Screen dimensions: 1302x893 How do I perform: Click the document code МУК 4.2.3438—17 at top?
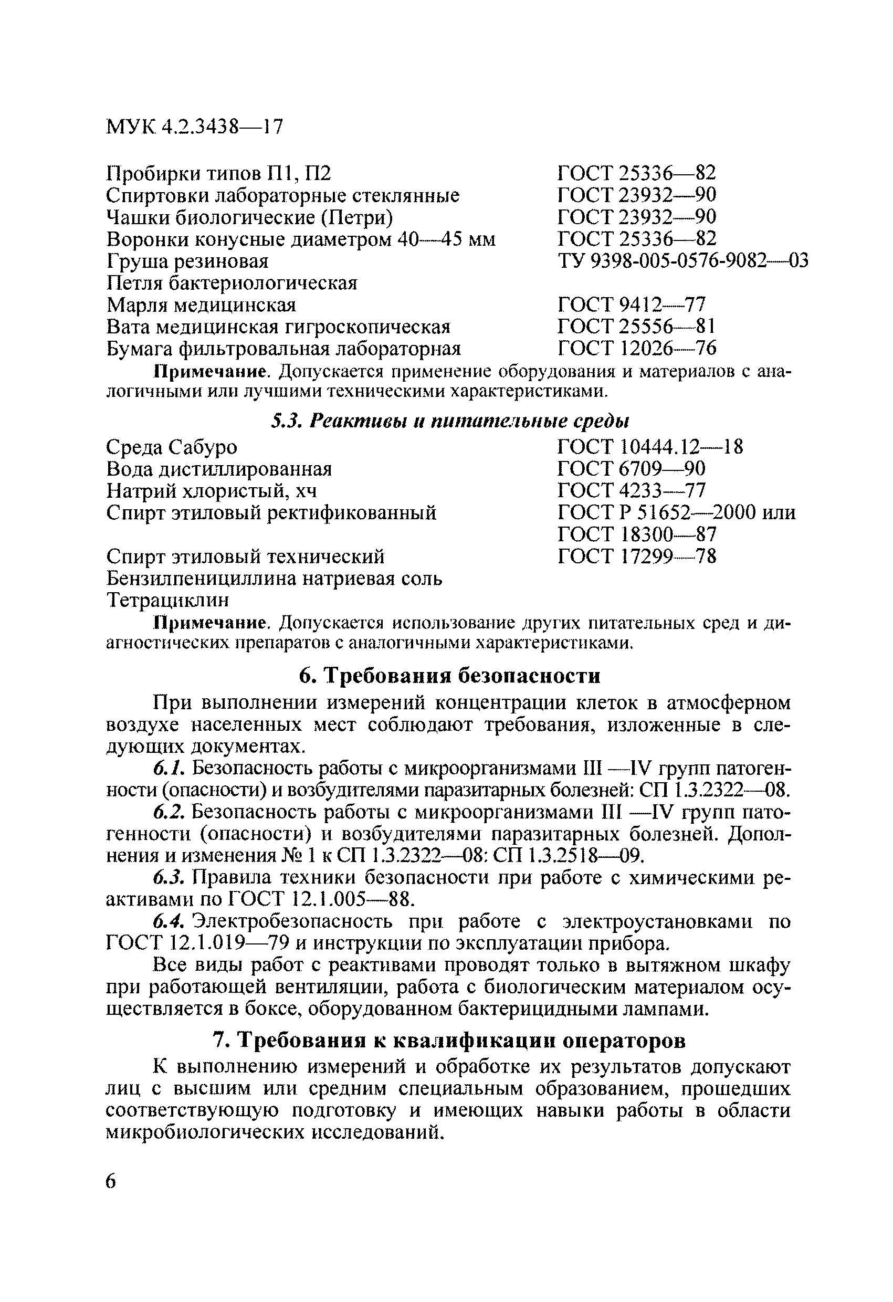pyautogui.click(x=194, y=127)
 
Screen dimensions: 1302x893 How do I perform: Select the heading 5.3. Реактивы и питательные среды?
pyautogui.click(x=449, y=421)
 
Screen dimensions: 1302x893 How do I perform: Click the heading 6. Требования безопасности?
pyautogui.click(x=449, y=676)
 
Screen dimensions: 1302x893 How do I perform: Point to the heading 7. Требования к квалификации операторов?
pyautogui.click(x=449, y=1041)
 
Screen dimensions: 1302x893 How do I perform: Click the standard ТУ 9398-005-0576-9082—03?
pyautogui.click(x=683, y=261)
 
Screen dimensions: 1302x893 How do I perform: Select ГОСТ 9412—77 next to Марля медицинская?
pyautogui.click(x=632, y=305)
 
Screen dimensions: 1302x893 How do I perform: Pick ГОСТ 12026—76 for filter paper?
pyautogui.click(x=637, y=349)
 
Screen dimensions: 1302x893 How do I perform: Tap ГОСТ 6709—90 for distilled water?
pyautogui.click(x=632, y=468)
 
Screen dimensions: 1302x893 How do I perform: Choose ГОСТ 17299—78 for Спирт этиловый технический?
pyautogui.click(x=637, y=556)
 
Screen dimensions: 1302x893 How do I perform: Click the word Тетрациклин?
pyautogui.click(x=167, y=600)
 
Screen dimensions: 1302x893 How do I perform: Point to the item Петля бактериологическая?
pyautogui.click(x=232, y=283)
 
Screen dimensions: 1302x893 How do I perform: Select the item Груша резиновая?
pyautogui.click(x=187, y=261)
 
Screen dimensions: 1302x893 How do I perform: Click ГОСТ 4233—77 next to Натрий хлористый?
pyautogui.click(x=632, y=490)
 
